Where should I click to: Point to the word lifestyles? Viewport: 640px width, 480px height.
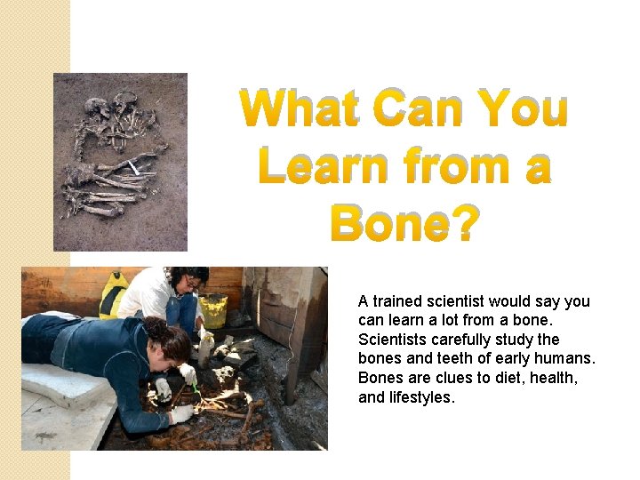tap(420, 397)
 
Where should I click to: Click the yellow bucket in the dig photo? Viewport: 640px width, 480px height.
tap(212, 310)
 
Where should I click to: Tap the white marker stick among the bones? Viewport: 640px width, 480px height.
tap(132, 166)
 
